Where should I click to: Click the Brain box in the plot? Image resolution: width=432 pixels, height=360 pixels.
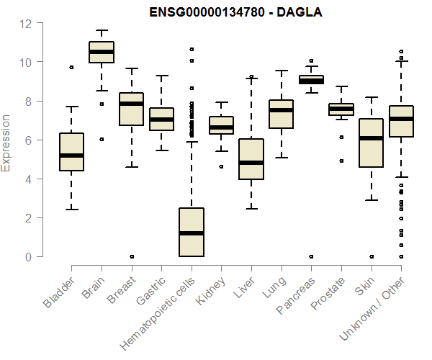tap(101, 53)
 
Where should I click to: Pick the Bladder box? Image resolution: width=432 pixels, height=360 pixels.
tap(71, 152)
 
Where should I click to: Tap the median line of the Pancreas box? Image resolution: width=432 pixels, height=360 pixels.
tap(311, 81)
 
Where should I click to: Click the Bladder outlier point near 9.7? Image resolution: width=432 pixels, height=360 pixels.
tap(71, 68)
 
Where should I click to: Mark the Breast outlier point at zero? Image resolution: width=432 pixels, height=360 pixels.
tap(131, 256)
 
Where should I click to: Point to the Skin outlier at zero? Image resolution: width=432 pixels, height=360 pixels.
tap(371, 256)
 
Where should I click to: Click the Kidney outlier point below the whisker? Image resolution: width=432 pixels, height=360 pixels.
tap(221, 166)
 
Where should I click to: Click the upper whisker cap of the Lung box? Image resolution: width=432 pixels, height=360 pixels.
tap(281, 71)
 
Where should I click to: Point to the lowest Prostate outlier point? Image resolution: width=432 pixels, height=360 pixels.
tap(341, 161)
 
